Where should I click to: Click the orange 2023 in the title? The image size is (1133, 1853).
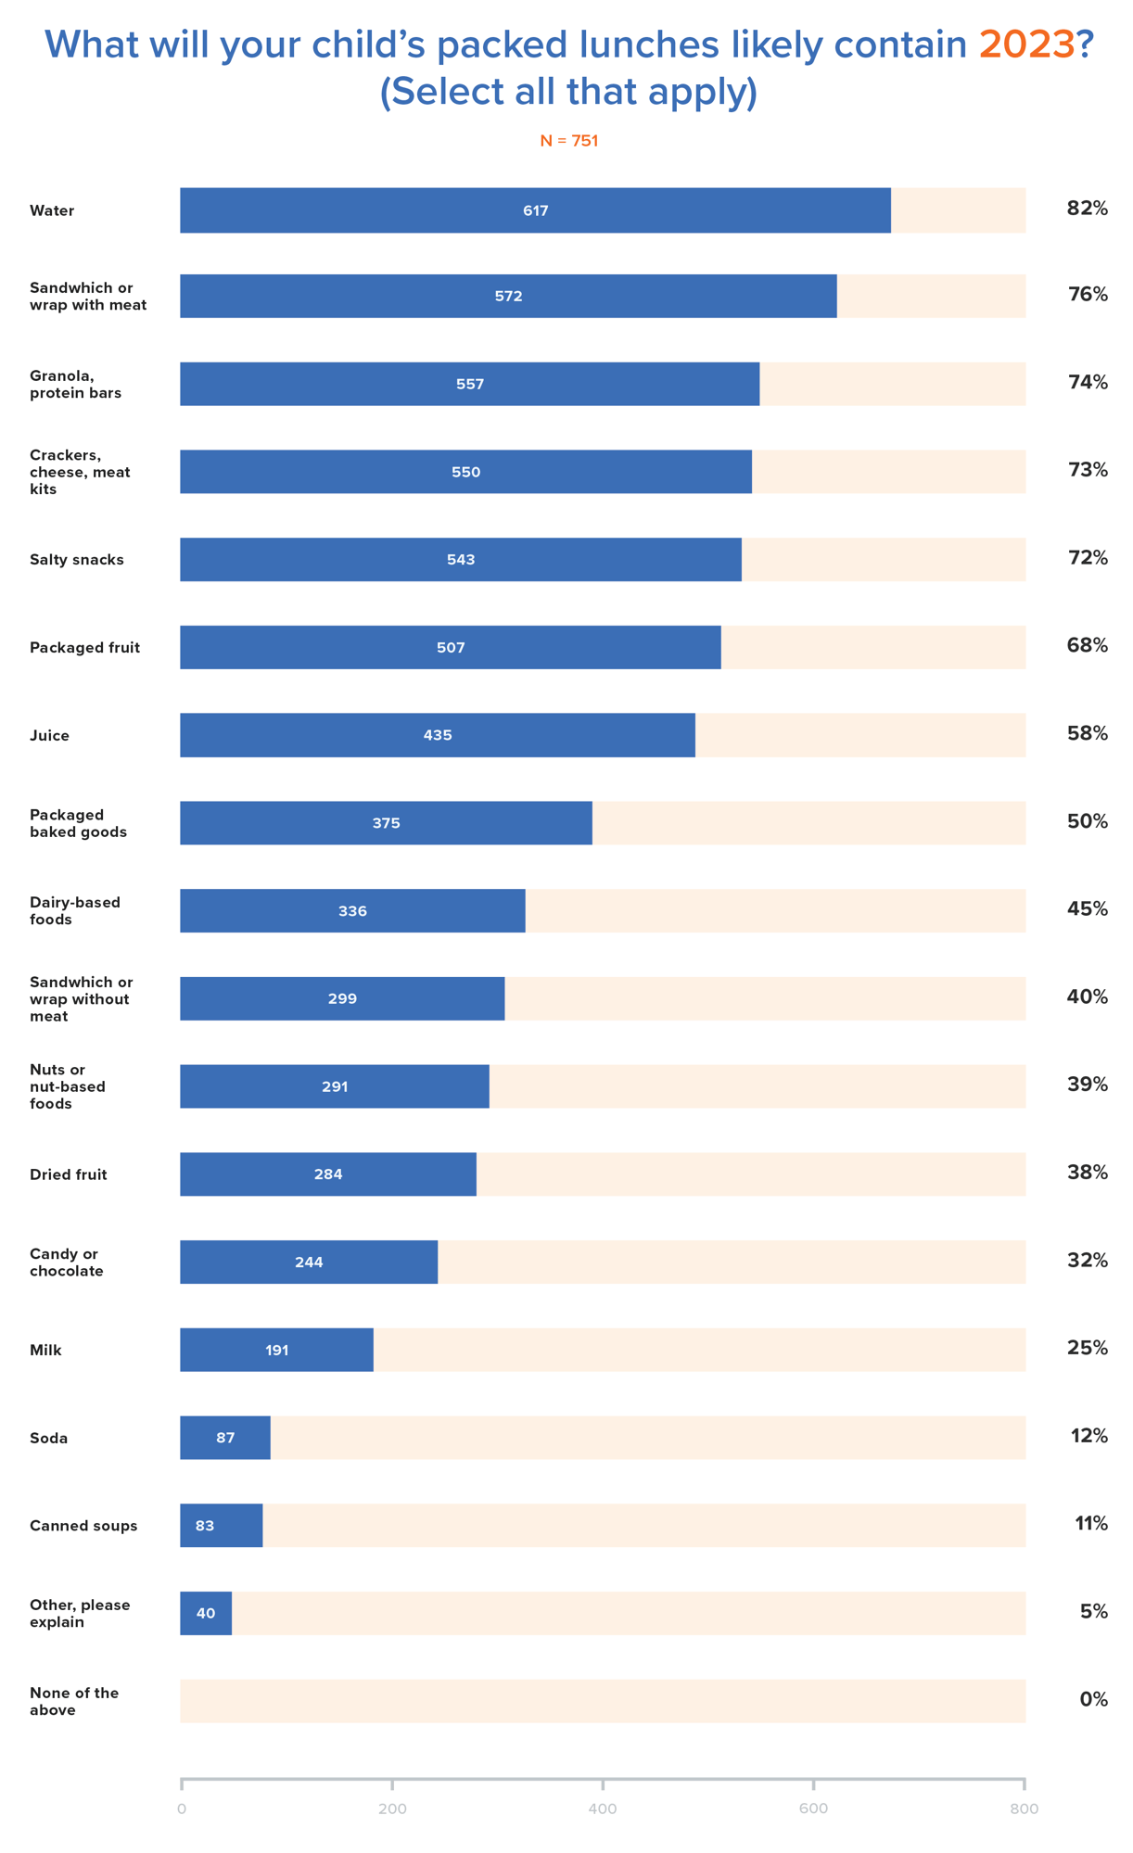(x=1025, y=44)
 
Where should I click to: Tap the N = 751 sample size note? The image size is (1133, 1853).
(x=568, y=141)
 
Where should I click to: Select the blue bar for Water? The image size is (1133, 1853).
(x=535, y=210)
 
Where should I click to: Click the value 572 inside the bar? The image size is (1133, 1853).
(x=508, y=297)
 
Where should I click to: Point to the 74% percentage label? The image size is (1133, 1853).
(x=1087, y=383)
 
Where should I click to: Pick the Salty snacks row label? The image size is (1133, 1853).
(x=76, y=560)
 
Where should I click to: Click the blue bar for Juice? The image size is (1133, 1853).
(x=437, y=735)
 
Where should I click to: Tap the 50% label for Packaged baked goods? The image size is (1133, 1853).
(x=1087, y=822)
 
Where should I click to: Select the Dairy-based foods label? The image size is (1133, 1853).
(x=74, y=910)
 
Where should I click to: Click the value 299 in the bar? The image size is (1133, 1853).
(x=342, y=999)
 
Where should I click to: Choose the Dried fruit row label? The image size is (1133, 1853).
(x=68, y=1174)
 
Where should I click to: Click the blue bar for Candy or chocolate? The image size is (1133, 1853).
(x=308, y=1263)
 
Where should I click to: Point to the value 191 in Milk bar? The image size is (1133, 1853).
(x=276, y=1351)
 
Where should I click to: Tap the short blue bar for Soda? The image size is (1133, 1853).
(x=224, y=1438)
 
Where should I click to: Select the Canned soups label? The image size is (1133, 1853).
(x=83, y=1526)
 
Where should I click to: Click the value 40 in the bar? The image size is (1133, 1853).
(x=205, y=1614)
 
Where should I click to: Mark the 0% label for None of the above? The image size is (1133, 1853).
(x=1092, y=1700)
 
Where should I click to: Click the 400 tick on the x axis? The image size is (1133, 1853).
(x=602, y=1809)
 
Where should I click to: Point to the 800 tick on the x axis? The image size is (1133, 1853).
(x=1023, y=1809)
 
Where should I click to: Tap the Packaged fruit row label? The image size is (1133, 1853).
(x=84, y=648)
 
